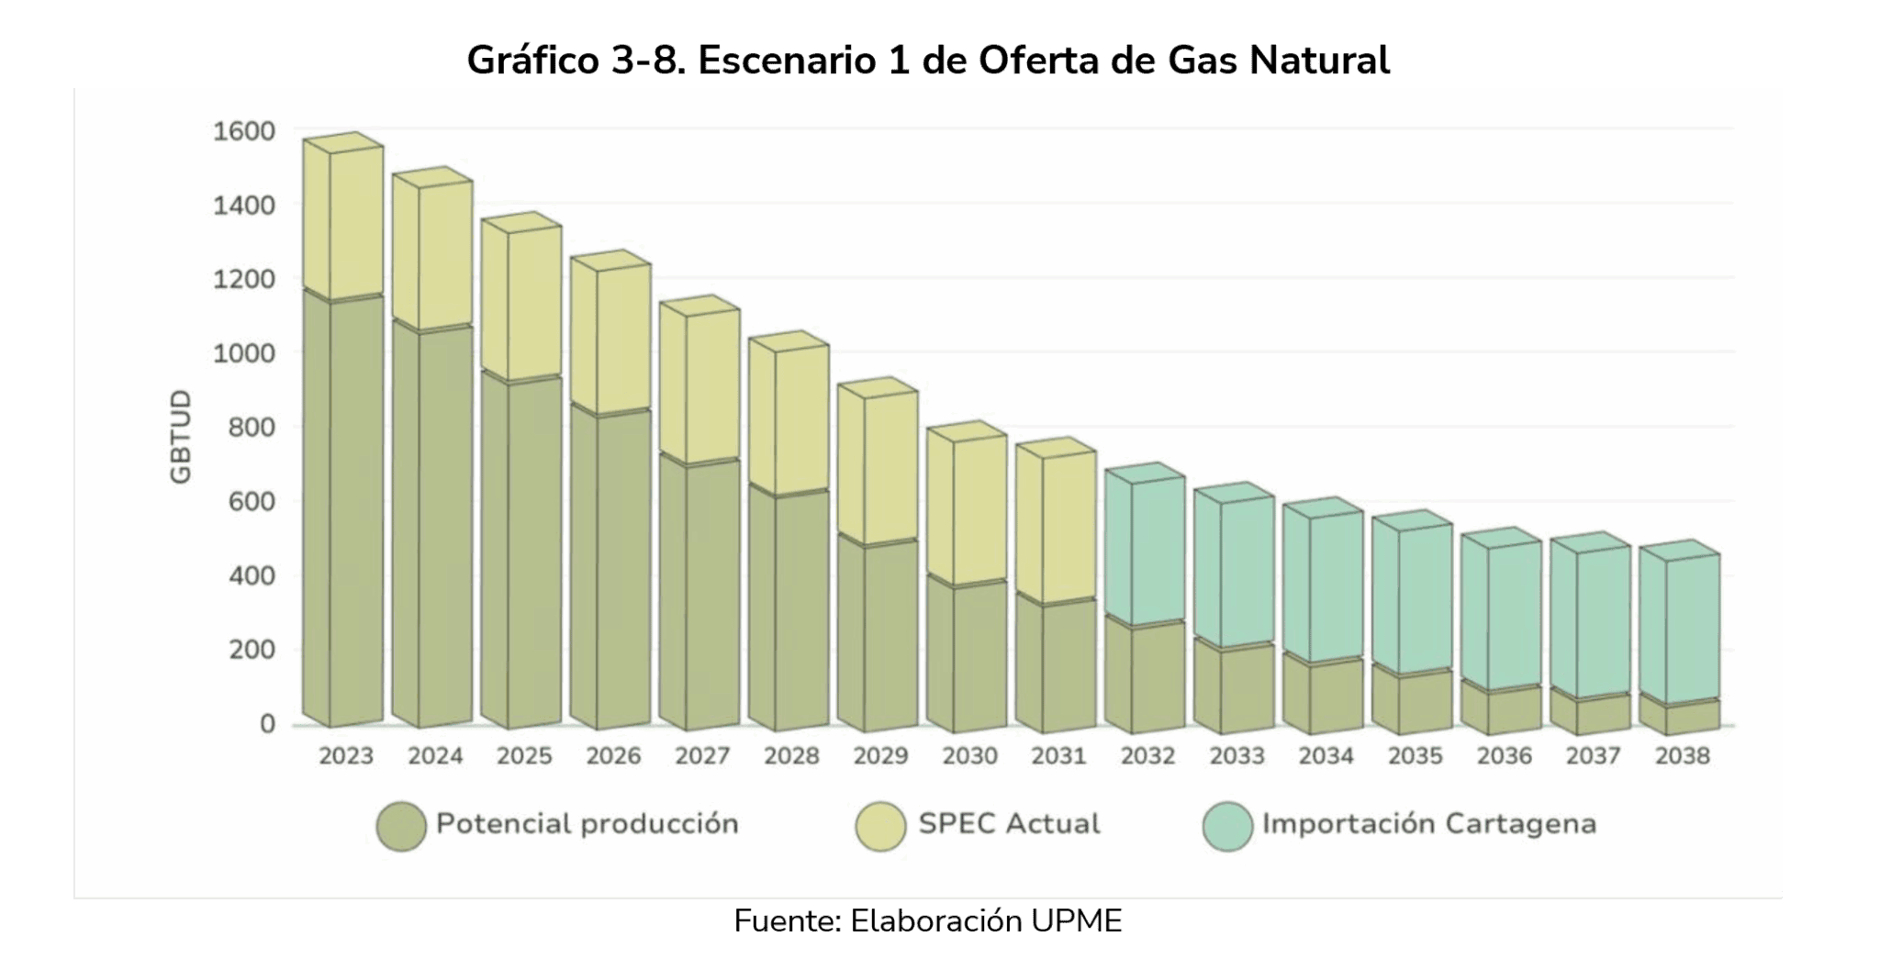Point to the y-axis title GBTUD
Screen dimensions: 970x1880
click(x=181, y=437)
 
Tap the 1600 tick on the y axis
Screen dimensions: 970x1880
click(x=243, y=131)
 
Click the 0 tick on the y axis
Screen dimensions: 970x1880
click(x=266, y=724)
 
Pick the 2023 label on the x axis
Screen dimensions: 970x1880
click(x=346, y=756)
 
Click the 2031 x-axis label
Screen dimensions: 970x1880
click(x=1058, y=756)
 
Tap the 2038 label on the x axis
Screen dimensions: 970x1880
click(x=1682, y=756)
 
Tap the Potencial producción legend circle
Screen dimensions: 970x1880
click(x=401, y=825)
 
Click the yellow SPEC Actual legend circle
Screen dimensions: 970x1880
click(x=880, y=825)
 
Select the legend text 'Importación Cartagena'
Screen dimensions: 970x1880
click(x=1428, y=824)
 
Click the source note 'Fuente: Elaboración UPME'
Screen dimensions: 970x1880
click(x=928, y=921)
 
